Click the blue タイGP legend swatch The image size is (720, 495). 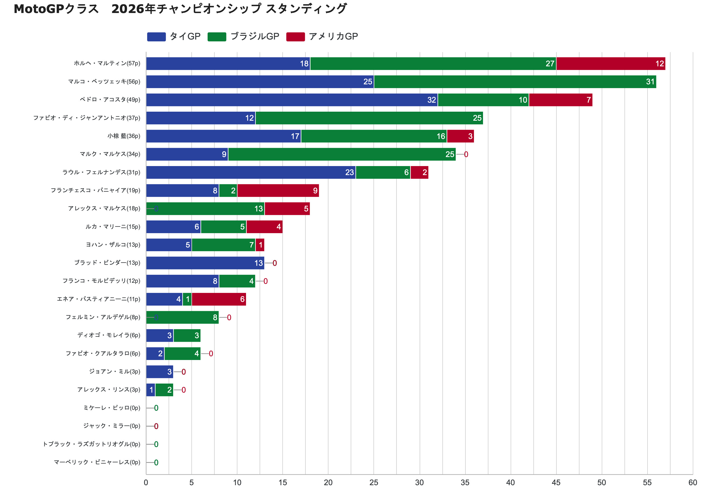[156, 37]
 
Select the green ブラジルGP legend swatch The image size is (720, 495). [217, 37]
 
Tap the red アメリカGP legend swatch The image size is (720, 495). [295, 37]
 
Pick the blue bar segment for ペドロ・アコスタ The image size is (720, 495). [291, 100]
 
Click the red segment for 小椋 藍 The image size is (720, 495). [460, 136]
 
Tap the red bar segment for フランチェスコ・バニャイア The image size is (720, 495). [278, 190]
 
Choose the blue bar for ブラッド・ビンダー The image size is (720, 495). [205, 263]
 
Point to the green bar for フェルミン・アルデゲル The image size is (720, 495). [182, 317]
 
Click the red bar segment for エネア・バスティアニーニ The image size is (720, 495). [218, 299]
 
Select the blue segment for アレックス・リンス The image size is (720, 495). [151, 390]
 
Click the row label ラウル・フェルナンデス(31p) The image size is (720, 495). [101, 172]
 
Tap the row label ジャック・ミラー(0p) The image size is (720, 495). [112, 426]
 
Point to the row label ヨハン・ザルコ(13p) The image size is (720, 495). [113, 245]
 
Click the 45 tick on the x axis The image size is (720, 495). [556, 483]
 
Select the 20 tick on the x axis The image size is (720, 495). [328, 483]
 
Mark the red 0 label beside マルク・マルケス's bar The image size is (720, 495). [466, 154]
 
